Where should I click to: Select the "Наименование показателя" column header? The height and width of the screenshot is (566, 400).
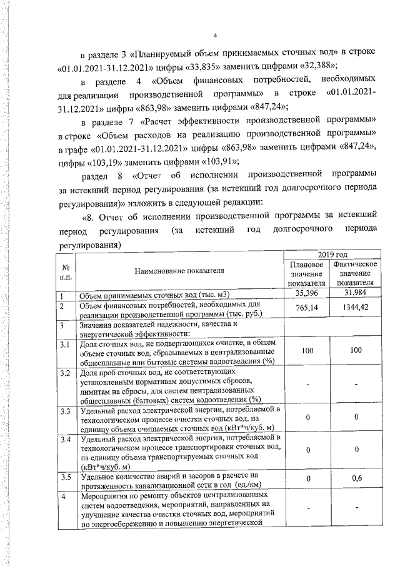pyautogui.click(x=179, y=271)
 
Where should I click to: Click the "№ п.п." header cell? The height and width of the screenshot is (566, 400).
pyautogui.click(x=65, y=271)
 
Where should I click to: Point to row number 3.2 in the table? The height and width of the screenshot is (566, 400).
pyautogui.click(x=65, y=373)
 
